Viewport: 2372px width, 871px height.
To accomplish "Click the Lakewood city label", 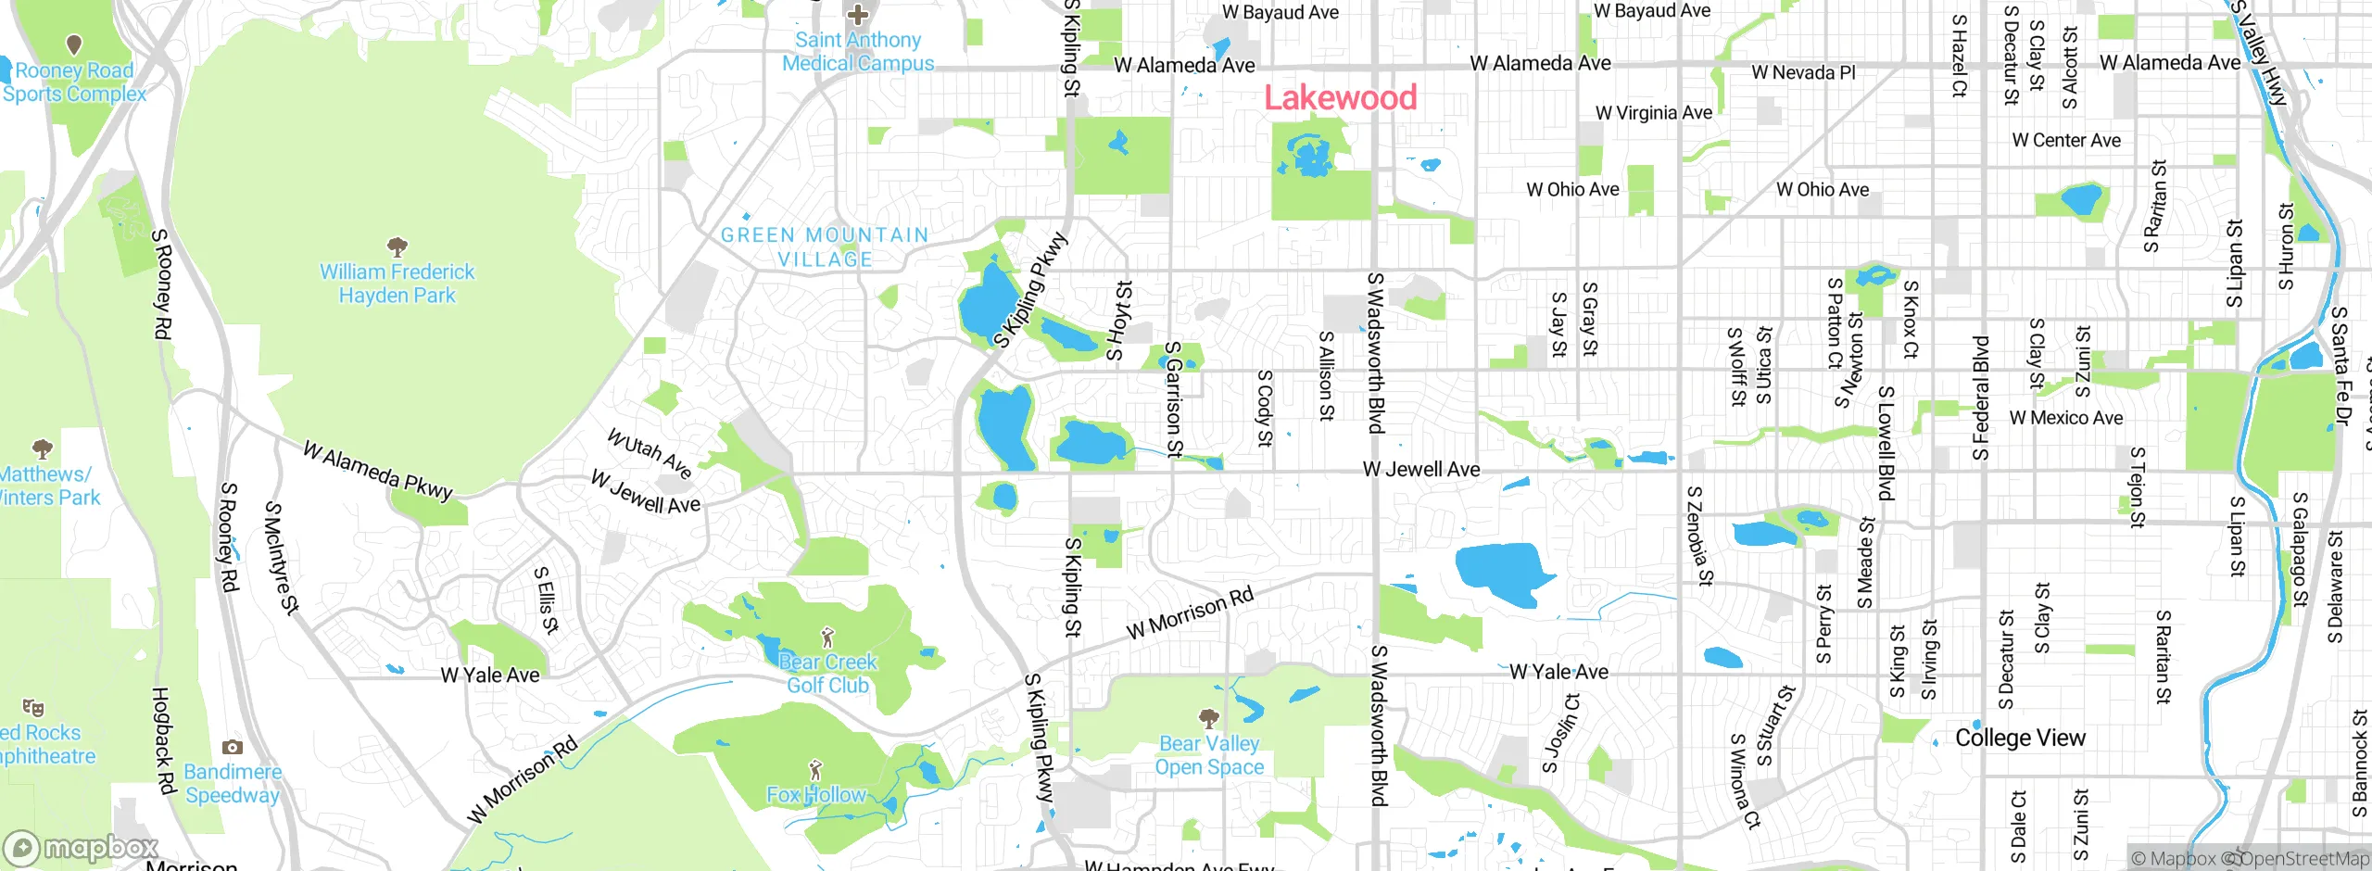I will click(1341, 97).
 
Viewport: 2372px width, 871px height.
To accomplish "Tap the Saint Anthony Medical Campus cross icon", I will click(858, 15).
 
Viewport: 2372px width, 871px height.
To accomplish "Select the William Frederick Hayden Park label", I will click(397, 284).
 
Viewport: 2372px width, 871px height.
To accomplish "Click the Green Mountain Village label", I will click(825, 247).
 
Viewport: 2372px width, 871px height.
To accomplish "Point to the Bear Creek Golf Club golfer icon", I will click(828, 637).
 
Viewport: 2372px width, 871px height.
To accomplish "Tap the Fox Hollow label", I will click(815, 795).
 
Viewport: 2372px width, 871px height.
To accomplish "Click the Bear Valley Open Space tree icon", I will click(1208, 718).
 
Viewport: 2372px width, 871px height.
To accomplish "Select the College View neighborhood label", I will click(2020, 738).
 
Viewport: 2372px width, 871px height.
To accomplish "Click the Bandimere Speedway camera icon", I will click(233, 747).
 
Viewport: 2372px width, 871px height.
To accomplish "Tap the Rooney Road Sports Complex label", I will click(74, 82).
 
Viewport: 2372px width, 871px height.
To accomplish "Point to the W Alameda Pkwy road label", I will click(378, 470).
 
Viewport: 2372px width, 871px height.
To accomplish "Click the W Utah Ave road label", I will click(650, 452).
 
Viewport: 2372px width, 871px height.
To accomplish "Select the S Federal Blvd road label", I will click(1980, 398).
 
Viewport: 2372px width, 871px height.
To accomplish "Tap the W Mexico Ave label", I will click(2065, 418).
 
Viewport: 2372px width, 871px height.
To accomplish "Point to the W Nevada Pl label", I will click(1803, 72).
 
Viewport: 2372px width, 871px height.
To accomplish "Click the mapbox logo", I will click(82, 848).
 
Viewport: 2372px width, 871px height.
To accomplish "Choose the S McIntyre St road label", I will click(282, 559).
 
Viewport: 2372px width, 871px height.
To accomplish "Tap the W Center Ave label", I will click(2066, 141).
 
